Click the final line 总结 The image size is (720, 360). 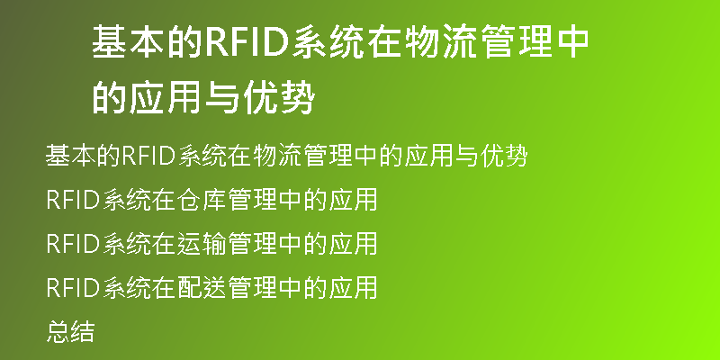[x=71, y=331]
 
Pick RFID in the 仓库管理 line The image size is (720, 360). [x=74, y=200]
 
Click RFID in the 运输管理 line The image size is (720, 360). [x=74, y=243]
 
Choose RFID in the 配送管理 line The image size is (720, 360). [x=74, y=287]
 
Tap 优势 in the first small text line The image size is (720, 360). [x=503, y=156]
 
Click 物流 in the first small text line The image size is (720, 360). [x=277, y=156]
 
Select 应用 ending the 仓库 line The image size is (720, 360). [x=353, y=200]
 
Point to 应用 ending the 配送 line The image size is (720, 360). [x=353, y=287]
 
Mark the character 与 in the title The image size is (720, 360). [x=222, y=97]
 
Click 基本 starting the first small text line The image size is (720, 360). [x=71, y=156]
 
